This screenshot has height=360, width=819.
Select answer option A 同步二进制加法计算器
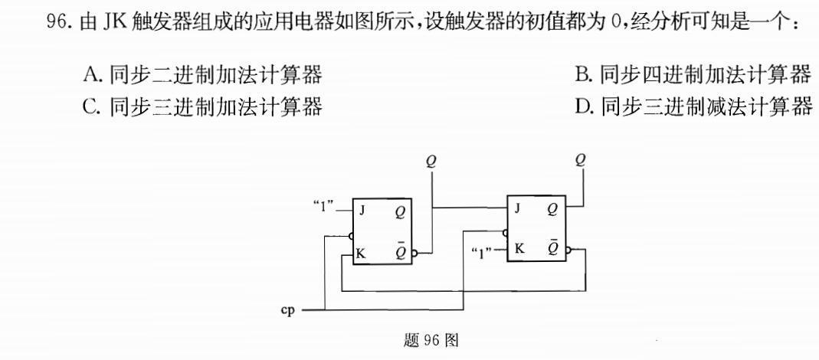(x=202, y=74)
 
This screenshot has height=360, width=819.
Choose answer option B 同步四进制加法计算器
(x=693, y=74)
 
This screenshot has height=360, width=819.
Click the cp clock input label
(x=290, y=311)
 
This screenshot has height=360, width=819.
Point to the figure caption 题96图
(x=431, y=339)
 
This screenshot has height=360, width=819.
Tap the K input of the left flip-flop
(x=360, y=254)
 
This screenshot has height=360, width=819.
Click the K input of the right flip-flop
(x=519, y=248)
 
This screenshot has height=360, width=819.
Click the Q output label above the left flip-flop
(x=431, y=161)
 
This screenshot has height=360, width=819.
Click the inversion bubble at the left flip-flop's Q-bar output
(x=414, y=254)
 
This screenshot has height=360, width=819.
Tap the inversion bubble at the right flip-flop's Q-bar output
(x=569, y=249)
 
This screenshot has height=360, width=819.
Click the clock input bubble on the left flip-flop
(x=350, y=236)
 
